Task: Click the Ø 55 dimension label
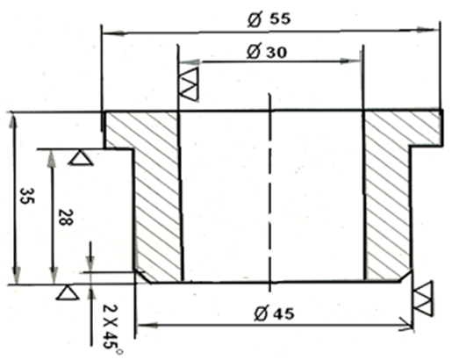tap(269, 19)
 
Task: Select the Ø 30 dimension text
tap(267, 52)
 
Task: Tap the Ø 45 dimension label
tap(274, 313)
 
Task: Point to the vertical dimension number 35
tap(27, 196)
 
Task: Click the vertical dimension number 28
tap(65, 217)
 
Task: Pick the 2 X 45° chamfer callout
tap(111, 329)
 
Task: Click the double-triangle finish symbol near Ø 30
tap(189, 84)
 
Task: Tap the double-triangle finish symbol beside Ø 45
tap(423, 299)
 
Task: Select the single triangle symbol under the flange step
tap(81, 158)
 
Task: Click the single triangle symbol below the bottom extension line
tap(68, 292)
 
